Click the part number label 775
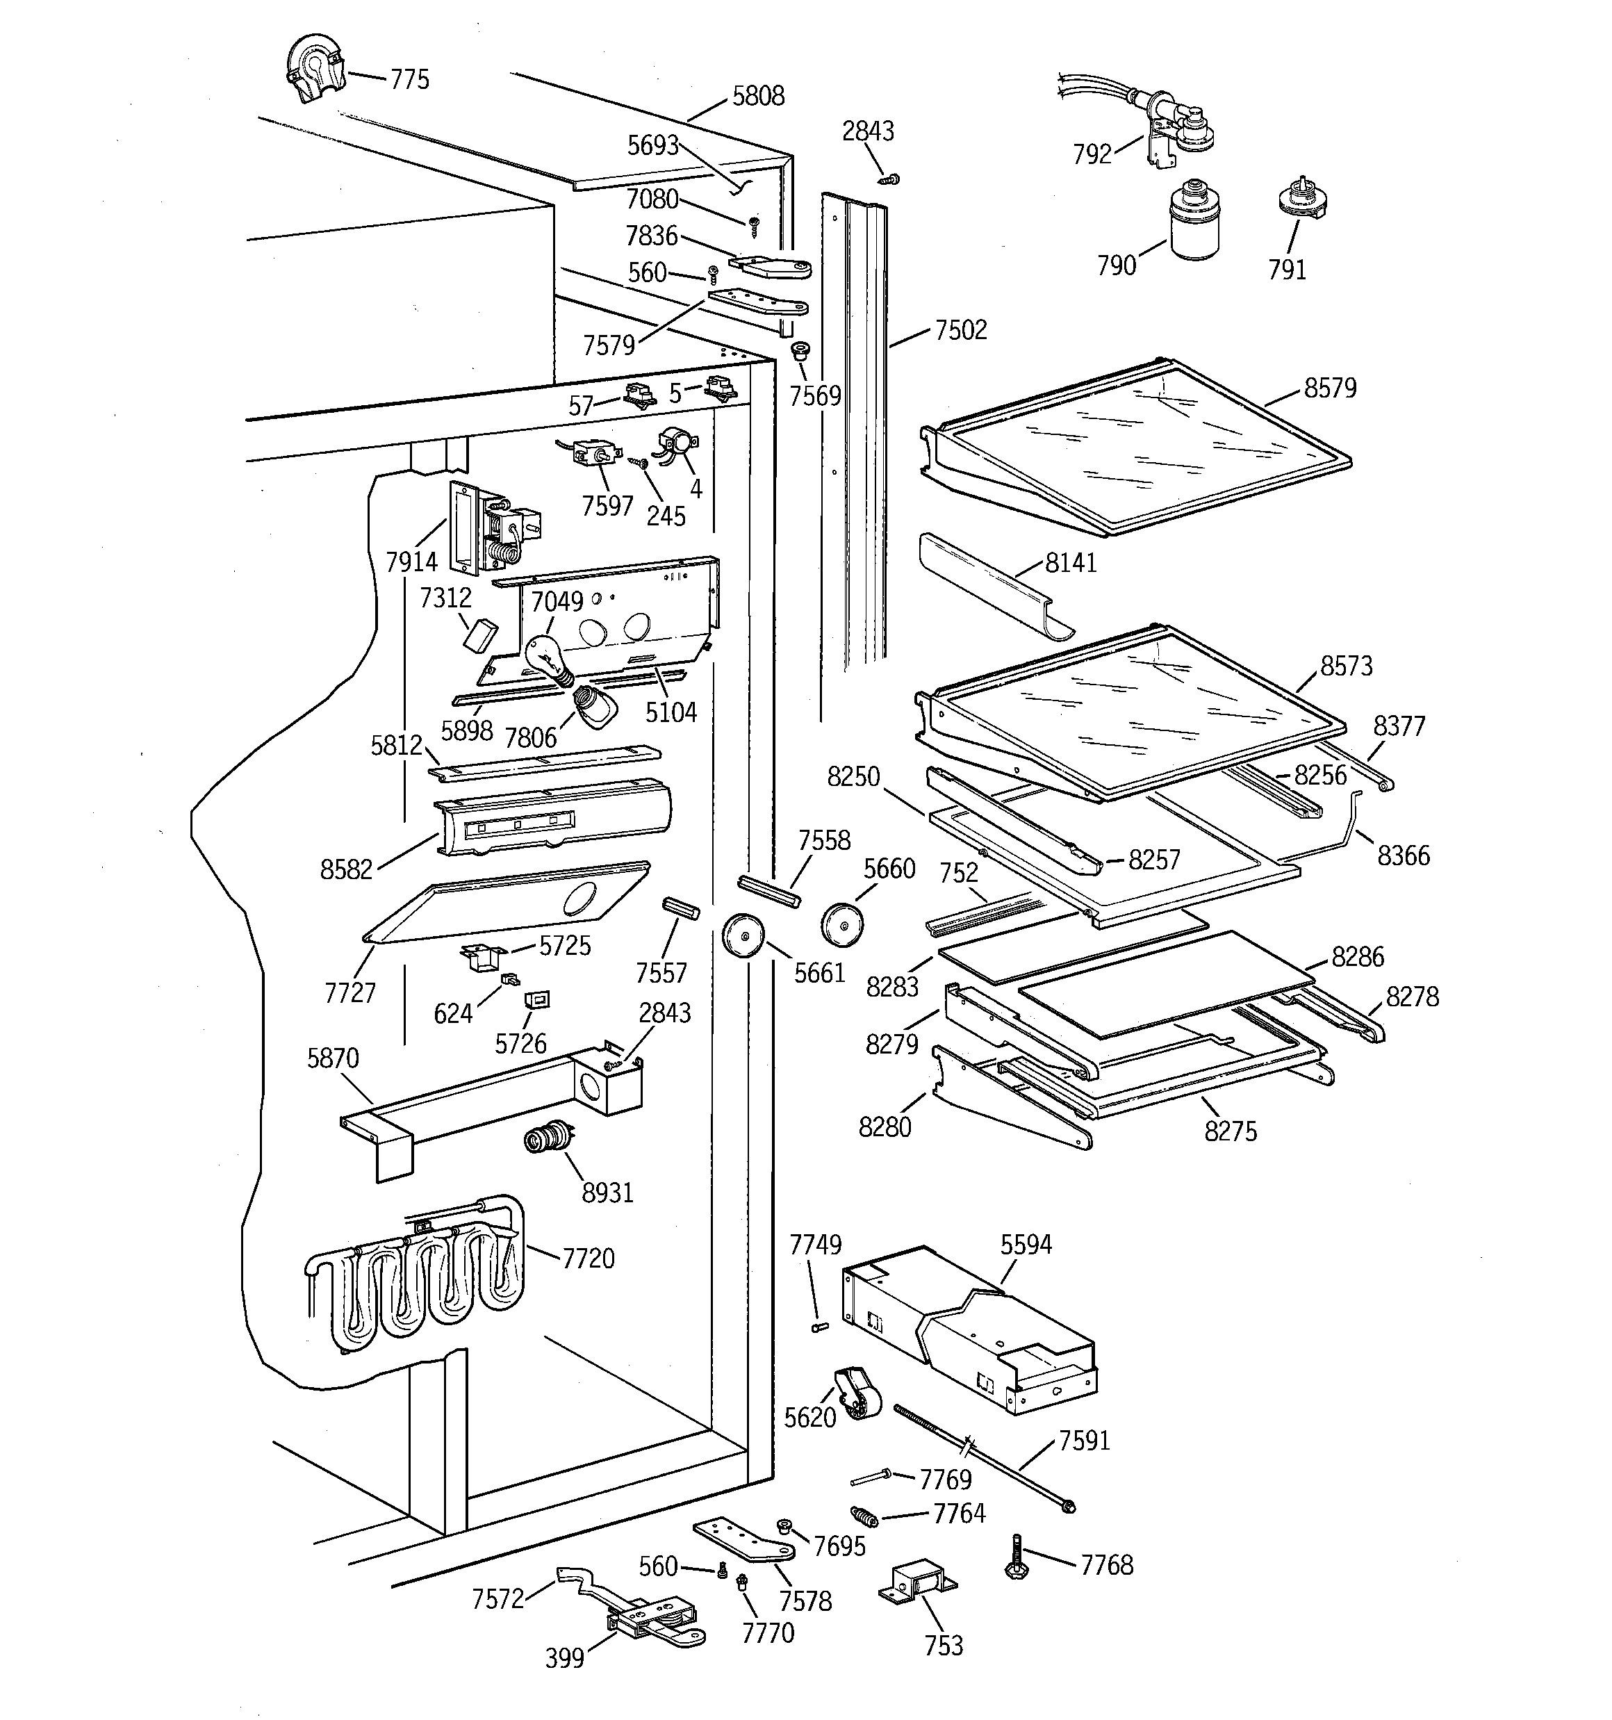point(409,80)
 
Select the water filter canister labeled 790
point(1194,222)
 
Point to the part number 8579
point(1330,388)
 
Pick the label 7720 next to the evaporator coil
point(589,1258)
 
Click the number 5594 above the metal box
point(1026,1245)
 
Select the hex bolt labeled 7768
point(1017,1559)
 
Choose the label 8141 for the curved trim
point(1070,563)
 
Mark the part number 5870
point(332,1058)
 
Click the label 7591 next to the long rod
point(1083,1441)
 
